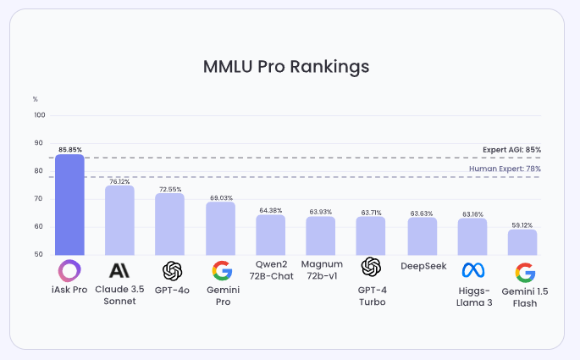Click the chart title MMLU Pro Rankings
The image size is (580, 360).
(286, 66)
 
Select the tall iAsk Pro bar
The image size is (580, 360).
(69, 205)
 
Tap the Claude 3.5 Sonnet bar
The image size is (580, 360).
(119, 220)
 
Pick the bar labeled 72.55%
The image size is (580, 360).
(169, 224)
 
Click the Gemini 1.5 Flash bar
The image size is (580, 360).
(522, 242)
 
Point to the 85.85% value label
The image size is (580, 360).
(70, 149)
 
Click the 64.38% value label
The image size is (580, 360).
(271, 210)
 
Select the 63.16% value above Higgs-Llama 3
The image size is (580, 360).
(472, 214)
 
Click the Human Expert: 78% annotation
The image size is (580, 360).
(505, 169)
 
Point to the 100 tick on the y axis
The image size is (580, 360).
(40, 115)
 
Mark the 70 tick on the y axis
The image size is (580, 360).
(38, 198)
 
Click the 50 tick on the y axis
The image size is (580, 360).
(38, 254)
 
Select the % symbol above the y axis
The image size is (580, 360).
(36, 100)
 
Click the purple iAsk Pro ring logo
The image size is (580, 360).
(69, 271)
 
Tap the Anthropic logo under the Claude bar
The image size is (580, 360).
(119, 271)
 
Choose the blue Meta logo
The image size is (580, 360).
(472, 271)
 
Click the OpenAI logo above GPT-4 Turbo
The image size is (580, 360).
(371, 267)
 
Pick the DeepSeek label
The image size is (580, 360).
(422, 265)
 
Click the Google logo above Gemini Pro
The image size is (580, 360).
(221, 271)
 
